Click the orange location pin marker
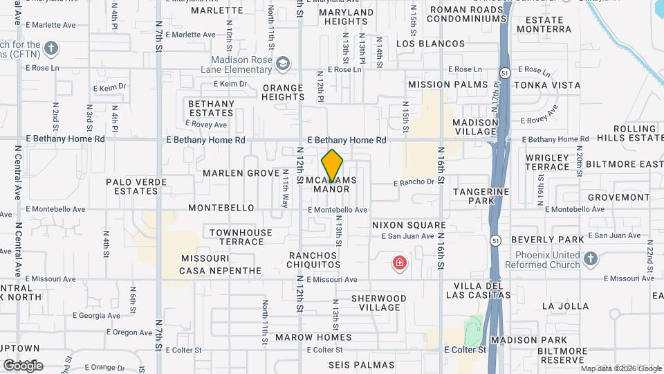tap(333, 166)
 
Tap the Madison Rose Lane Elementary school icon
tap(282, 64)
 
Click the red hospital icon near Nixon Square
tap(399, 263)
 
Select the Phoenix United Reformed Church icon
tap(590, 259)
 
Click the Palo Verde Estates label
tap(136, 186)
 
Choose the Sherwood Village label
tap(378, 303)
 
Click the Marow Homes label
tap(313, 338)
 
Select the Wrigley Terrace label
tap(547, 163)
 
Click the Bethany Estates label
tap(211, 108)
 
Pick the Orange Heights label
tap(282, 93)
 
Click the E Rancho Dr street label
tap(414, 183)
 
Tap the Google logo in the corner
tap(23, 365)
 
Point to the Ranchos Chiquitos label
tap(315, 260)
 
